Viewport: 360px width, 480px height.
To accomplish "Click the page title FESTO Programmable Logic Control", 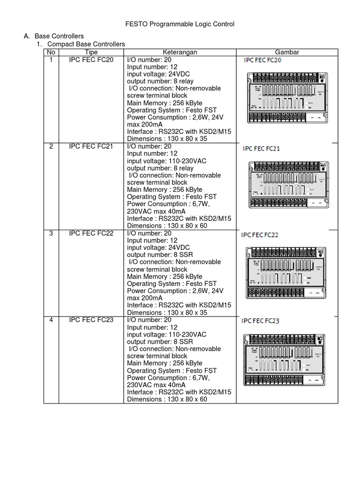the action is tap(180, 24).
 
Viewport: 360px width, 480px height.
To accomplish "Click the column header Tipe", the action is tap(91, 52).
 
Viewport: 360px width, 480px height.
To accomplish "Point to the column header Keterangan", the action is tap(180, 52).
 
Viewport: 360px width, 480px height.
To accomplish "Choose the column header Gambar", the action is tap(287, 52).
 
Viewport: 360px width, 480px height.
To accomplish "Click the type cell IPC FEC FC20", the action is tap(91, 60).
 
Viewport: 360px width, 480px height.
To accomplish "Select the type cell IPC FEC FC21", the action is tap(91, 147).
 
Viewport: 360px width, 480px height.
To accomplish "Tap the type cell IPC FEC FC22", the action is tap(91, 233).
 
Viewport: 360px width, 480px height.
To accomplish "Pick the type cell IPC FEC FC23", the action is tap(91, 320).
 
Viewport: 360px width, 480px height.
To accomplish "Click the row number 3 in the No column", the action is tap(51, 233).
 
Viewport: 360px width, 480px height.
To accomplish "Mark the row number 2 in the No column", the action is tap(51, 147).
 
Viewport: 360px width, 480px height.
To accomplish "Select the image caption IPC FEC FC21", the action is tap(262, 149).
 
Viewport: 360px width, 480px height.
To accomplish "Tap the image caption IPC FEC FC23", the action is tap(260, 321).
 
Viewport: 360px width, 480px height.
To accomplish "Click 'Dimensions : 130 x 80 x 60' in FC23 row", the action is tap(167, 399).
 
